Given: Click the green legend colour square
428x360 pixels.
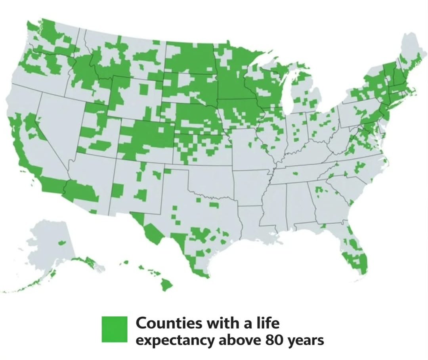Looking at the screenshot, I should [x=115, y=329].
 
